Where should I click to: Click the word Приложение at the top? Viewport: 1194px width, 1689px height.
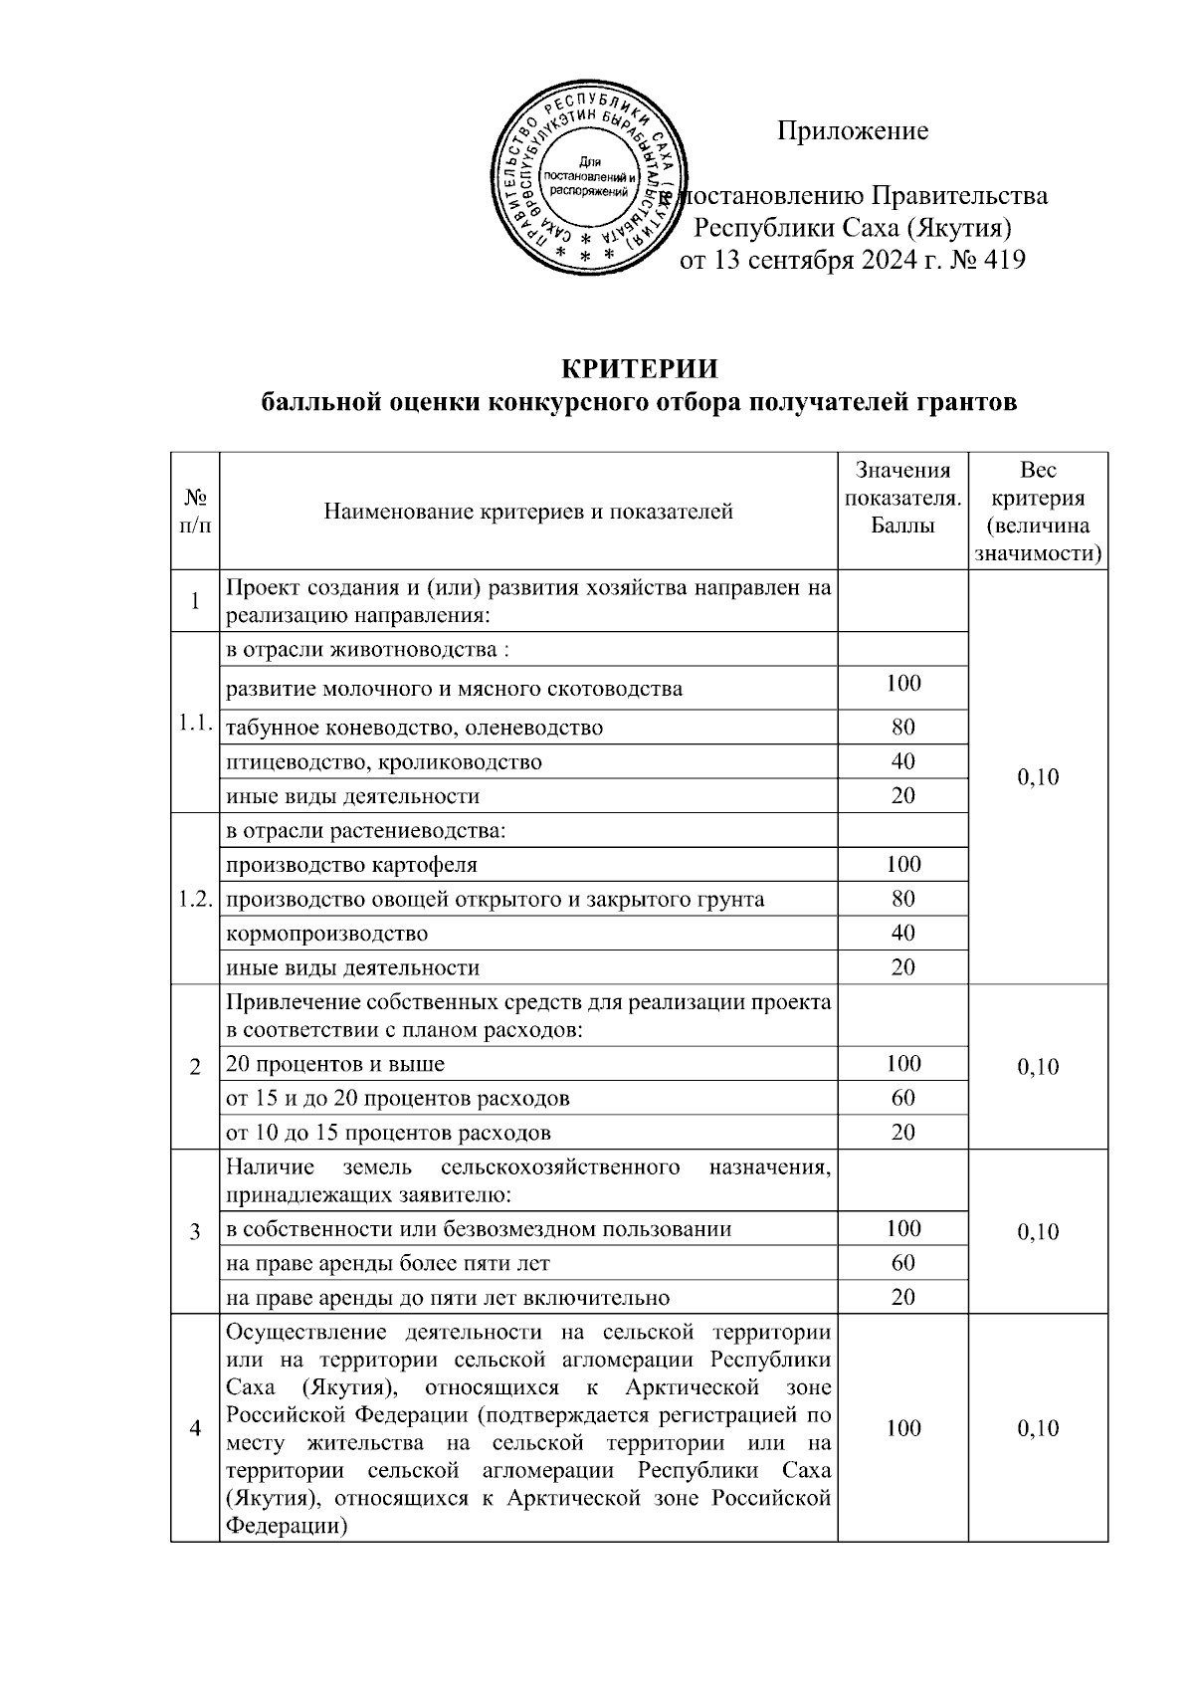coord(853,130)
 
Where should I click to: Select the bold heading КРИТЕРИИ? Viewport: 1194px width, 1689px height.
coord(639,369)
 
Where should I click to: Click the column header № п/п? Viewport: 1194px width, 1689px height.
coord(195,512)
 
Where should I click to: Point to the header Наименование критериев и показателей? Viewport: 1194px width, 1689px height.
coord(528,512)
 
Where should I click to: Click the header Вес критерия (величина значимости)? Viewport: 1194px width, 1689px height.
coord(1038,512)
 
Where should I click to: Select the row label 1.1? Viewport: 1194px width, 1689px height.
coord(195,725)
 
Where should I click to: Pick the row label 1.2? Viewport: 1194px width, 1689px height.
coord(195,900)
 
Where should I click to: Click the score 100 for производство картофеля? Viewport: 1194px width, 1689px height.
coord(903,864)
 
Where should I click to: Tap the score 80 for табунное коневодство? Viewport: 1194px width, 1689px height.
coord(903,727)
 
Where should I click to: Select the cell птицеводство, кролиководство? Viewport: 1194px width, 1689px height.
coord(384,762)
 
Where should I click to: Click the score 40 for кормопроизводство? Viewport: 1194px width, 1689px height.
coord(903,934)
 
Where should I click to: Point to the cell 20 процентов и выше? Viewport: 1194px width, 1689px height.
coord(335,1064)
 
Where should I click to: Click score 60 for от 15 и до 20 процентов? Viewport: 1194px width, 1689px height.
coord(903,1098)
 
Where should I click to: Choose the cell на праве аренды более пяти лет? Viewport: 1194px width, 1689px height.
coord(388,1263)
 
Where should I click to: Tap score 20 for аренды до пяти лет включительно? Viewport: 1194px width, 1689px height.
coord(903,1297)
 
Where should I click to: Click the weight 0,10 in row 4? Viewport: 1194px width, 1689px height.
coord(1038,1428)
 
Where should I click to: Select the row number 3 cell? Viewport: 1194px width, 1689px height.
coord(195,1231)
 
